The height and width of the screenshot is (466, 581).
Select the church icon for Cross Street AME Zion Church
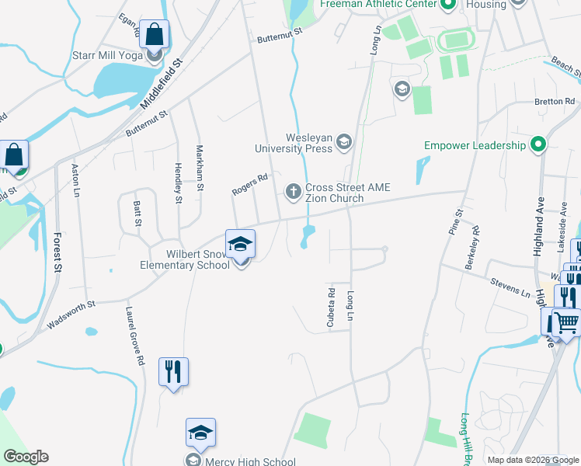point(294,190)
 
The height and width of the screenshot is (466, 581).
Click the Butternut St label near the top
point(279,35)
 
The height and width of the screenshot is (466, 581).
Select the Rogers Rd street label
point(249,185)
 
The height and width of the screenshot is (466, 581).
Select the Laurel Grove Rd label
point(134,336)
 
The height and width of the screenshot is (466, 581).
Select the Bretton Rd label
point(553,102)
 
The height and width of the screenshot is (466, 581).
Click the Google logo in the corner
point(26,457)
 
